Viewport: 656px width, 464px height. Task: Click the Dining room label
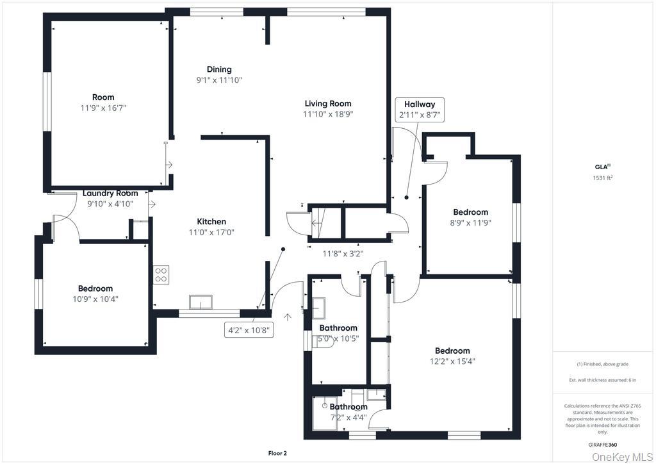219,69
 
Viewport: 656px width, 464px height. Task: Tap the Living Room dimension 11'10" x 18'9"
328,114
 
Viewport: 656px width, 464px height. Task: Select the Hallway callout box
419,110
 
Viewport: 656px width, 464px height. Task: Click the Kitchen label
211,222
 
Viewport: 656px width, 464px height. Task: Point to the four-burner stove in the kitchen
161,275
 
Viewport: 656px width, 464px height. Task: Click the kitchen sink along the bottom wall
201,302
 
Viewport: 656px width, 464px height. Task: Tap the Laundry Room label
110,193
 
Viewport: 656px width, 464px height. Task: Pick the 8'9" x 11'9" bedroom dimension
471,223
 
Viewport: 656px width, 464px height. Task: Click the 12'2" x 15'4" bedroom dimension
452,361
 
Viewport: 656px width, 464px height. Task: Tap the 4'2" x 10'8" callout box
249,331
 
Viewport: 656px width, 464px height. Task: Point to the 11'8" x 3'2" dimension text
342,253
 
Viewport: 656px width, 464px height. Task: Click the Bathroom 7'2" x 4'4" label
348,407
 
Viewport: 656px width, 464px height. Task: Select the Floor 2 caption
277,453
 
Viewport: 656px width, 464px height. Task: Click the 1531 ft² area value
603,178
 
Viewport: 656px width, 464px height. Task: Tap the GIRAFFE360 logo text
603,443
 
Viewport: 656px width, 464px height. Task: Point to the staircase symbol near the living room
324,222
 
